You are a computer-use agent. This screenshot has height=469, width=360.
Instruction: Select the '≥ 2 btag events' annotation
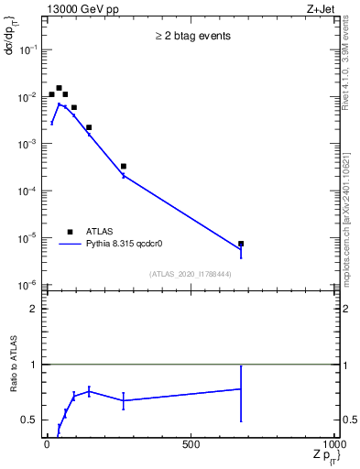pyautogui.click(x=191, y=37)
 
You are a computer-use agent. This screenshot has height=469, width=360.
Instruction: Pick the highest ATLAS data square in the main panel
pyautogui.click(x=59, y=88)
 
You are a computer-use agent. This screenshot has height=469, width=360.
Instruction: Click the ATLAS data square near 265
pyautogui.click(x=124, y=166)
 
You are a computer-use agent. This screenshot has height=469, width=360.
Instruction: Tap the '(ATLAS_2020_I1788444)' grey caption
pyautogui.click(x=191, y=274)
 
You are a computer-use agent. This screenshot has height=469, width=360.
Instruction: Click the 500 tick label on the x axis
pyautogui.click(x=191, y=444)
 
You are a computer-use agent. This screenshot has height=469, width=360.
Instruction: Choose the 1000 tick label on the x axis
pyautogui.click(x=335, y=444)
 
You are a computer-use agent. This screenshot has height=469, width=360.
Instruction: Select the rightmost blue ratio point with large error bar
pyautogui.click(x=241, y=389)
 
